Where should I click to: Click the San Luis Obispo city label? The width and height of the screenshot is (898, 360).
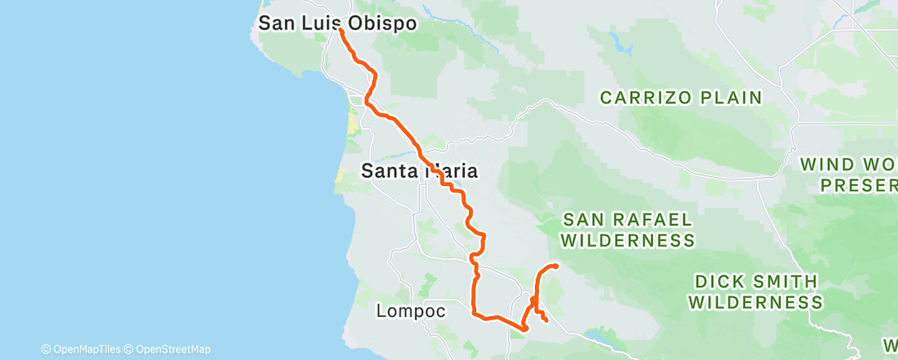point(337,23)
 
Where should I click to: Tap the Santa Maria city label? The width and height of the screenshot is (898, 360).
point(420,171)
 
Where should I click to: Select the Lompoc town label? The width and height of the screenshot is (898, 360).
point(411,311)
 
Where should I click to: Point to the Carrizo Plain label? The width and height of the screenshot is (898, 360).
point(681,97)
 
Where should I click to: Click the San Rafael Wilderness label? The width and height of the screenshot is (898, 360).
point(627,230)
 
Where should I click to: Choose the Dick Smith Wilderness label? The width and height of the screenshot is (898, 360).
point(755,291)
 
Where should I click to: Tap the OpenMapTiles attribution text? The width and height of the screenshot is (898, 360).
point(85,349)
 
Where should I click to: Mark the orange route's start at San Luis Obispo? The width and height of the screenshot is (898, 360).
point(341,30)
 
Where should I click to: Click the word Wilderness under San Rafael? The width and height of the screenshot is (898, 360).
point(627,240)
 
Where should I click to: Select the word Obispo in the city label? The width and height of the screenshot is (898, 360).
point(382,23)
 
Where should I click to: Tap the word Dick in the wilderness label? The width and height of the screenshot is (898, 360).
point(715,282)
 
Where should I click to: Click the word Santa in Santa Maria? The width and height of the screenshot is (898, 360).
point(390,171)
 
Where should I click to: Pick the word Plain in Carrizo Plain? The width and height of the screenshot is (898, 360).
point(730,97)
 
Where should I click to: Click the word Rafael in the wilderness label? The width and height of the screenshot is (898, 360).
point(655,219)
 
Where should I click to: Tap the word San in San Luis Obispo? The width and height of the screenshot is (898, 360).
point(276,23)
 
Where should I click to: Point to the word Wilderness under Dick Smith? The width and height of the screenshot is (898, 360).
point(755,302)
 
